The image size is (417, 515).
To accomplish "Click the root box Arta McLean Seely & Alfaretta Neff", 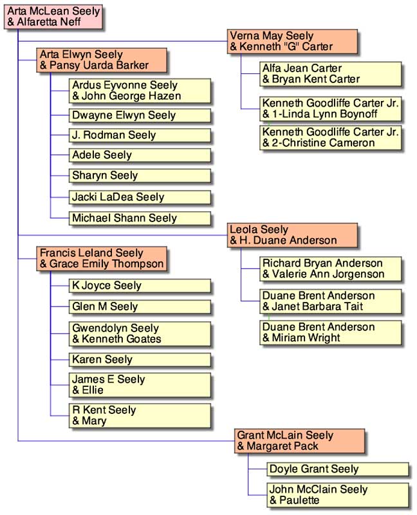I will click(x=52, y=17).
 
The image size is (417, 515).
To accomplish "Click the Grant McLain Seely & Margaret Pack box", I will click(x=299, y=441).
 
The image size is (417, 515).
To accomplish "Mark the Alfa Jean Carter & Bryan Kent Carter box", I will click(x=330, y=74).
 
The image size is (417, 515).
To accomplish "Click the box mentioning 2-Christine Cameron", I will click(x=330, y=138).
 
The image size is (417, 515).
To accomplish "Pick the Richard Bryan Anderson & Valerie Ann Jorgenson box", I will click(x=330, y=269).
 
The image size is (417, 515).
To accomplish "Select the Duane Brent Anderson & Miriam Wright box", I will click(x=330, y=333).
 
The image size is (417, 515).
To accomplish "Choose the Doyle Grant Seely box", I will click(x=337, y=469).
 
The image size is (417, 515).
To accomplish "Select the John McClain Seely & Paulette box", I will click(x=337, y=495).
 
